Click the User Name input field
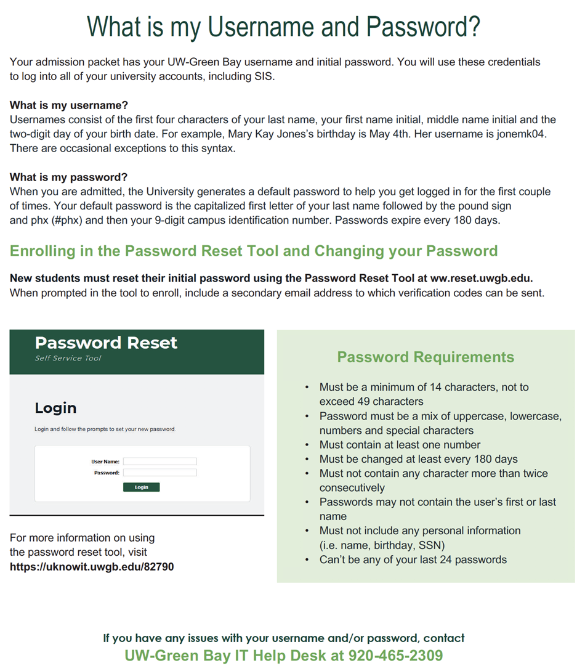pos(159,461)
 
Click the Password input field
pos(159,473)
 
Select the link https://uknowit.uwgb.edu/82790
pos(92,566)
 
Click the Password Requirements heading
pos(426,357)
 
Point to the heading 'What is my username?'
pos(69,105)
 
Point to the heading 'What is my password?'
pos(68,177)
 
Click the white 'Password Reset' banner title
pos(106,343)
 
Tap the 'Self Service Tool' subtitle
pos(68,358)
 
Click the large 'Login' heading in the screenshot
pos(55,408)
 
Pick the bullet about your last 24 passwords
pos(413,559)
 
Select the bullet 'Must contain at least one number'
pos(400,444)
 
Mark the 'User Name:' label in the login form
pos(105,461)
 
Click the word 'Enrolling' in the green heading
pos(43,251)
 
